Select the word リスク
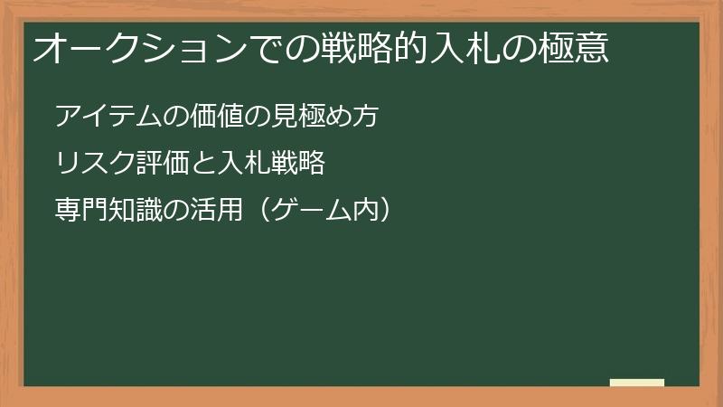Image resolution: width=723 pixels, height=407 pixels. (x=94, y=164)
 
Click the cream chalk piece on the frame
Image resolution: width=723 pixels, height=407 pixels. (x=637, y=383)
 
